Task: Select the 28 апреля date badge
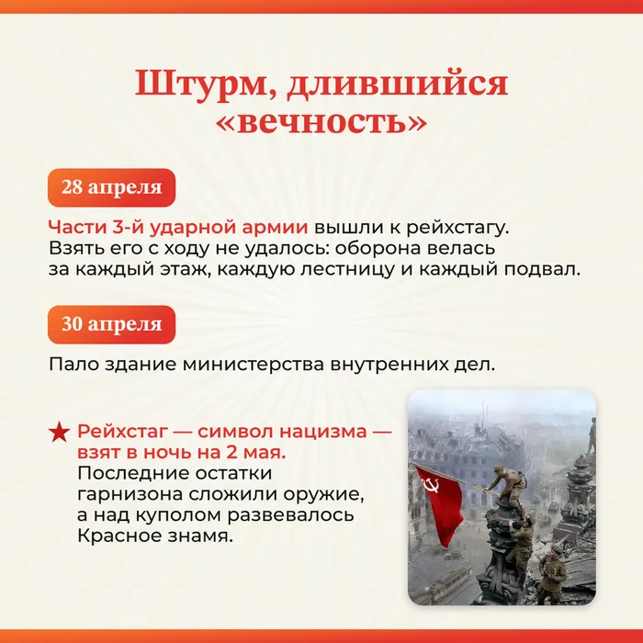coord(111,188)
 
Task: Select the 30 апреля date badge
coord(111,324)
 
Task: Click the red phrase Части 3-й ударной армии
coord(178,227)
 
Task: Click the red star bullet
coord(59,432)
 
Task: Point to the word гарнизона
coord(128,494)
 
